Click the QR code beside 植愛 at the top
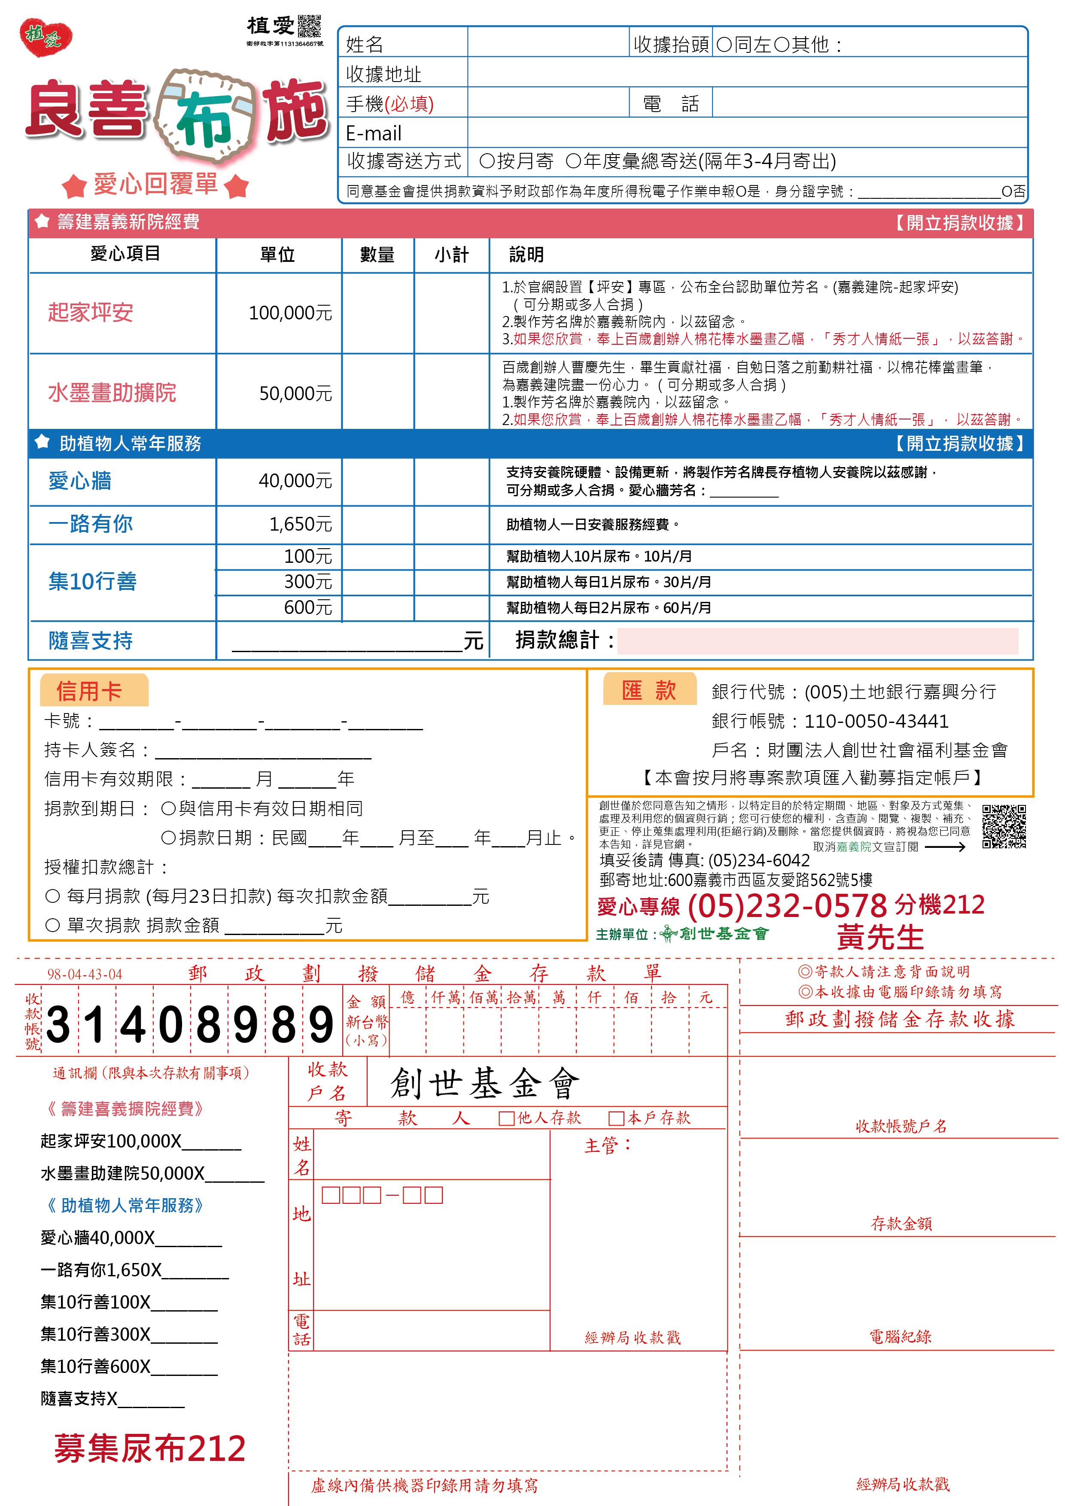pyautogui.click(x=309, y=26)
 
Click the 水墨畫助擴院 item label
pyautogui.click(x=112, y=392)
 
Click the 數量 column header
pyautogui.click(x=377, y=255)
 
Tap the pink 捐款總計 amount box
pyautogui.click(x=817, y=641)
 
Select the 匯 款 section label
pyautogui.click(x=648, y=690)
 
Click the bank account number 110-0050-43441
pyautogui.click(x=876, y=721)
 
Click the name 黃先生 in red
pyautogui.click(x=879, y=937)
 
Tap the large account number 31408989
pyautogui.click(x=190, y=1025)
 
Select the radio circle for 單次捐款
pyautogui.click(x=52, y=926)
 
